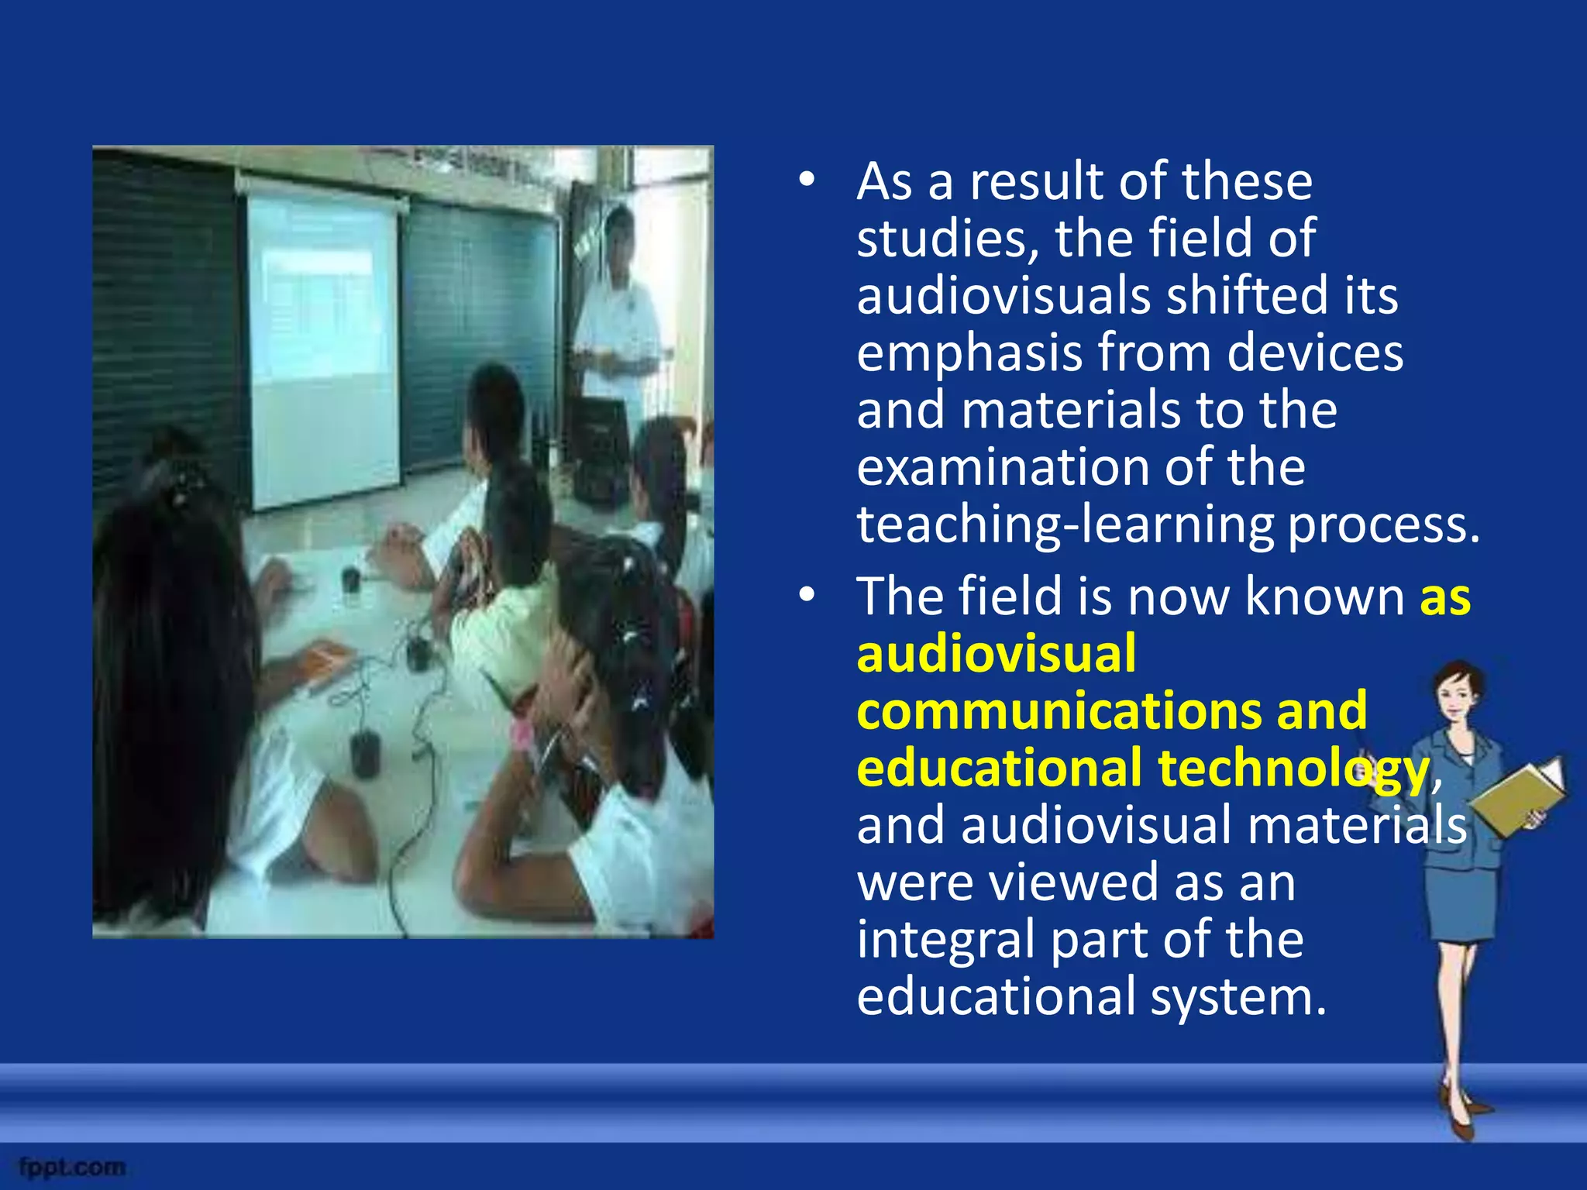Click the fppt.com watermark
tap(72, 1167)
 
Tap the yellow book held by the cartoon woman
tap(1515, 798)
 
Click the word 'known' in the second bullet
tap(1324, 597)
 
